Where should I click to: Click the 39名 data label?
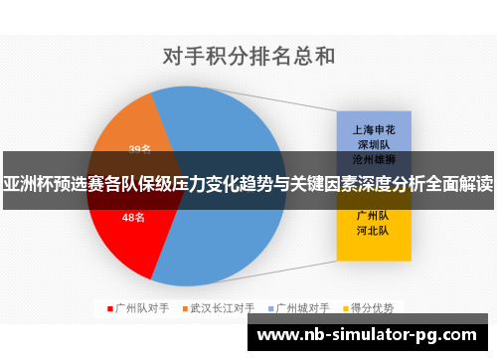tap(140, 150)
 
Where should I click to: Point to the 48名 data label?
tap(133, 217)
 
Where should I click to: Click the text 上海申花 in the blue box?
tap(372, 129)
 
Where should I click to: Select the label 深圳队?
tap(372, 144)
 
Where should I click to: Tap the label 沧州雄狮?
tap(372, 158)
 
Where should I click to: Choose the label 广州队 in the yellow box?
tap(372, 214)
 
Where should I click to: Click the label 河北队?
tap(372, 230)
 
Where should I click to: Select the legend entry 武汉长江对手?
tap(223, 308)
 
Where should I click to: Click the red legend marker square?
tap(109, 308)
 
